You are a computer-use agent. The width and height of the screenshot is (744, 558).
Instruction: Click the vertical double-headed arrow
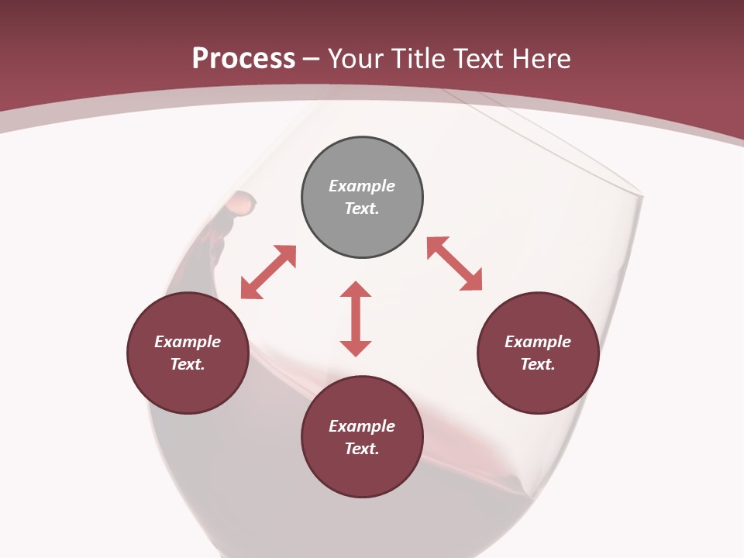click(356, 319)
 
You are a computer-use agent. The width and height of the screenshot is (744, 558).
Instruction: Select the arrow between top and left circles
click(268, 272)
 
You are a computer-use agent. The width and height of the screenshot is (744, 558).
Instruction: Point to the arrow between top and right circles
click(454, 263)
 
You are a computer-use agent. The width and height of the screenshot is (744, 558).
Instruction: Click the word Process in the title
click(243, 59)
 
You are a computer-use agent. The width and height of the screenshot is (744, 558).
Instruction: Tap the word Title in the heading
click(420, 59)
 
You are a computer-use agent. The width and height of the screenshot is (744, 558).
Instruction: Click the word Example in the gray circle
click(362, 186)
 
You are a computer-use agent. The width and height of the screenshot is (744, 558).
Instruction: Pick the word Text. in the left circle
click(188, 364)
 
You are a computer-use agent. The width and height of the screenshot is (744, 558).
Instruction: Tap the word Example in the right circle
click(538, 342)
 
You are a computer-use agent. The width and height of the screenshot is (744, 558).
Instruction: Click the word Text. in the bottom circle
click(362, 449)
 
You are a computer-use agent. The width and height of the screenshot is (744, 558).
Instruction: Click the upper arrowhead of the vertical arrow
click(356, 289)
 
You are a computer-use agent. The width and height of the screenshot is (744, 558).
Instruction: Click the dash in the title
click(312, 59)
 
